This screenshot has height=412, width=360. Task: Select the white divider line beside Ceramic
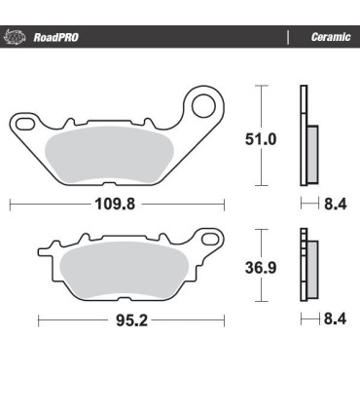click(x=287, y=38)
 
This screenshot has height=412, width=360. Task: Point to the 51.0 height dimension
click(x=260, y=139)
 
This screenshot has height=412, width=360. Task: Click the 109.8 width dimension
click(x=116, y=205)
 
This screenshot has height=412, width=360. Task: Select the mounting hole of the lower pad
click(x=207, y=240)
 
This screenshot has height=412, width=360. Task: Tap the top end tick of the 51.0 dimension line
click(x=260, y=87)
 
